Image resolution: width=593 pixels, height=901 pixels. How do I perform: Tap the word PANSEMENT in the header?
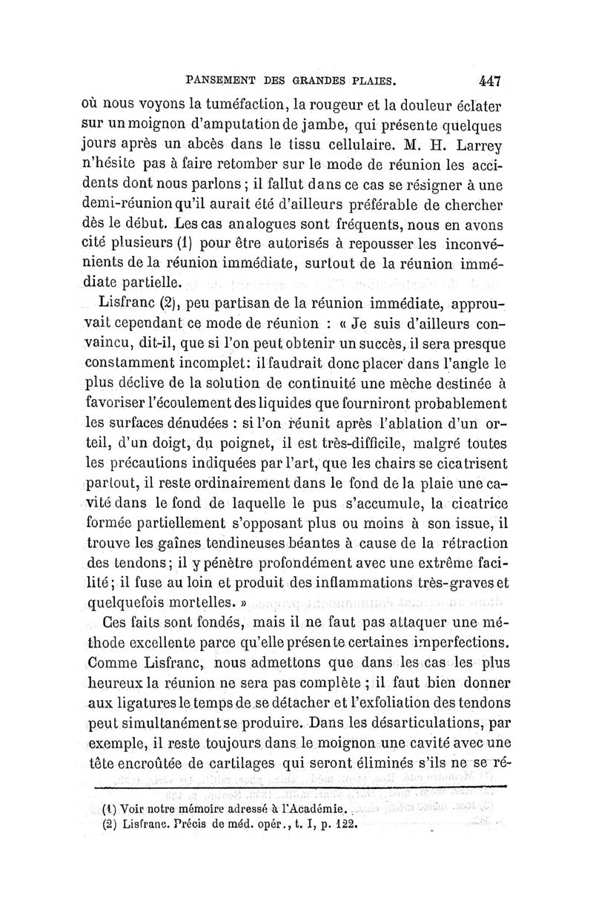tap(223, 76)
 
